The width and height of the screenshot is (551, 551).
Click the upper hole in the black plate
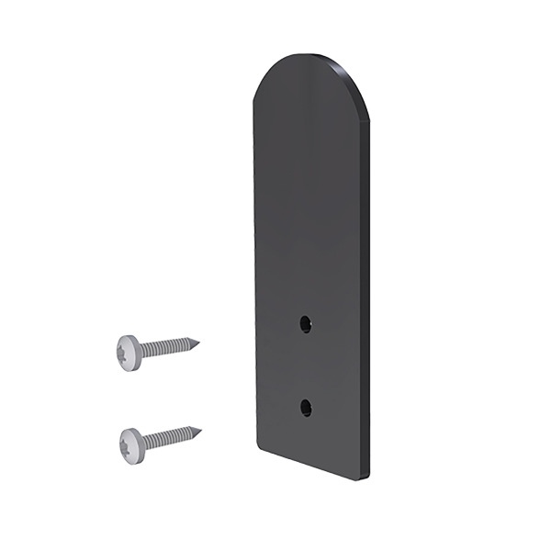click(x=306, y=323)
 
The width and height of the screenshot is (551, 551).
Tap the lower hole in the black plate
click(x=306, y=408)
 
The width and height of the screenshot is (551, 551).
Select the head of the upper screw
click(x=128, y=353)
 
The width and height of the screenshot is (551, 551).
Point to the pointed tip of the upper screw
click(x=197, y=343)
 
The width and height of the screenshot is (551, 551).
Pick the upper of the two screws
click(x=156, y=349)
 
